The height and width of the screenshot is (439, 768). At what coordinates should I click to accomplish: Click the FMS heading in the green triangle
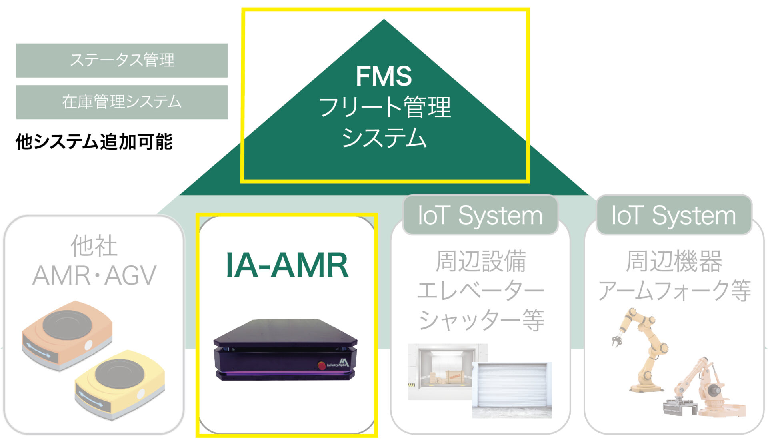coord(384,76)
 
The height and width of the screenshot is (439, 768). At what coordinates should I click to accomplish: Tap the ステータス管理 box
coord(122,60)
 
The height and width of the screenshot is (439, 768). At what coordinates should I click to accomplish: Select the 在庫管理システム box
coord(122,102)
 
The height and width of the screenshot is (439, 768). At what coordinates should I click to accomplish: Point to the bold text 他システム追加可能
coord(94,142)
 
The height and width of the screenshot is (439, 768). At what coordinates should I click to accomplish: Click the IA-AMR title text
coord(287,265)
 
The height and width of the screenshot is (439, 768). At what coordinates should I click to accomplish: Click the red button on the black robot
coord(321,365)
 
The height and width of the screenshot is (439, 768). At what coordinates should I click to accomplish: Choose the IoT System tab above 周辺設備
coord(480,215)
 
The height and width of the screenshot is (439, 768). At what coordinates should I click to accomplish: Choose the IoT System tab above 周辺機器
coord(674,215)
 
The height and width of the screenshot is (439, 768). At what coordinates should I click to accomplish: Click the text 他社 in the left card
coord(94,245)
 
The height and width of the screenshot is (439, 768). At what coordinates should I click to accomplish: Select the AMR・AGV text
coord(94,275)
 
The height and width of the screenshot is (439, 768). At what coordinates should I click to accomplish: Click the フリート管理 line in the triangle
coord(384,107)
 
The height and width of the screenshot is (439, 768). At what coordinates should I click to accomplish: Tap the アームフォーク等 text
coord(674,291)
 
